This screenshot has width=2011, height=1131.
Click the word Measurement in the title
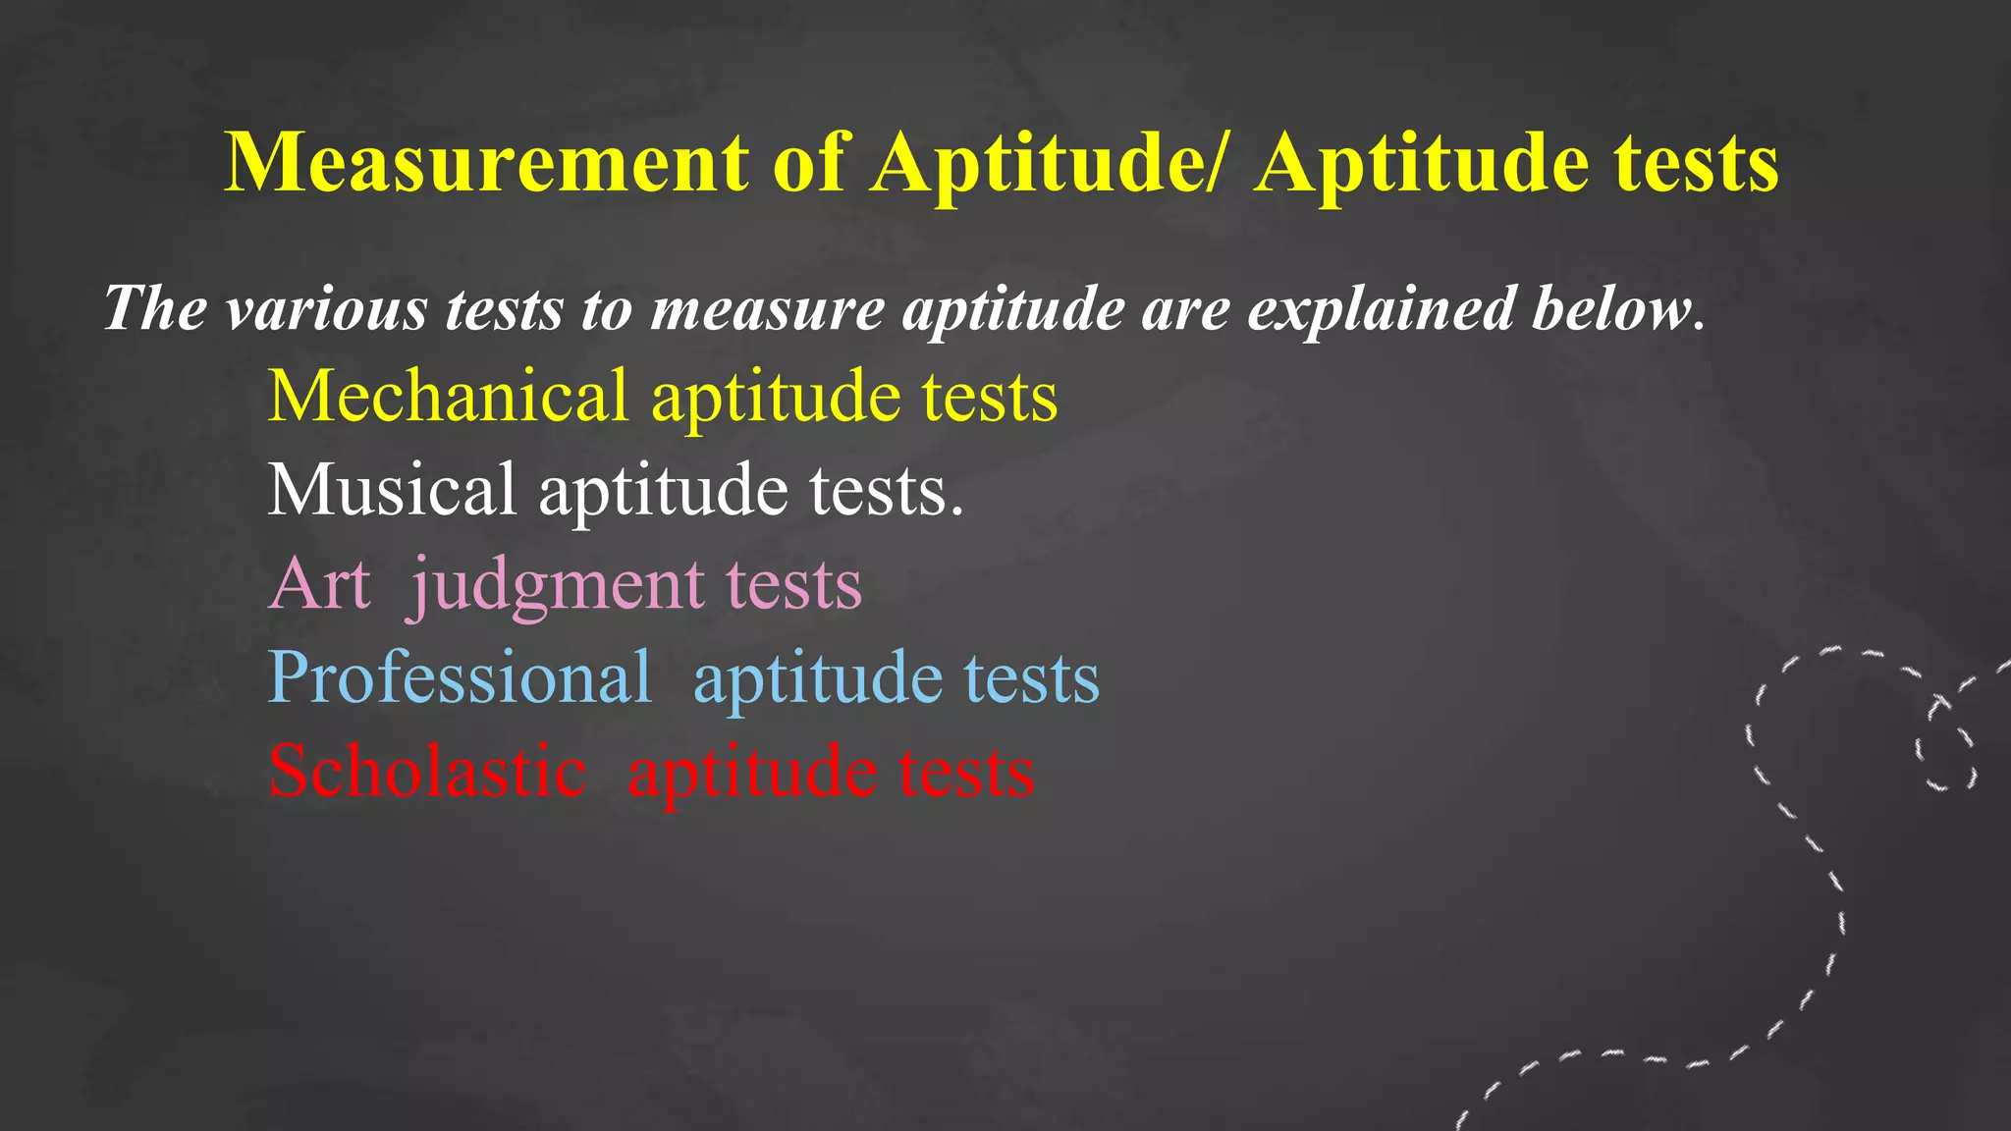click(487, 163)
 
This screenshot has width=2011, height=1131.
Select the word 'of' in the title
click(809, 163)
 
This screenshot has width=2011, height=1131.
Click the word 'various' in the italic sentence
click(326, 309)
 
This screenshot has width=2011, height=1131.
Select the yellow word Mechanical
click(448, 396)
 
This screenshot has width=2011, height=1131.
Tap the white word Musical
click(391, 490)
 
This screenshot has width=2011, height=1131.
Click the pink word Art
click(319, 584)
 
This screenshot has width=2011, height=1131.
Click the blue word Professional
click(460, 677)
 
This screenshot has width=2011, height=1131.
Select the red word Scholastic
click(427, 772)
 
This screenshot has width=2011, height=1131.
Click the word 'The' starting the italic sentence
click(154, 309)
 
